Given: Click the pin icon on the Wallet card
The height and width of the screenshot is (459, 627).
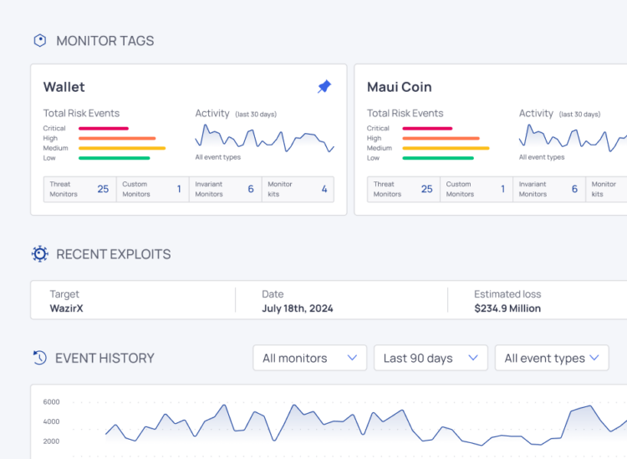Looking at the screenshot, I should (324, 87).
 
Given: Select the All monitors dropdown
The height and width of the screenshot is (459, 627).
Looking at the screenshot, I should (309, 358).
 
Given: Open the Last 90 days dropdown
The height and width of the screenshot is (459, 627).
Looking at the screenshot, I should (431, 358).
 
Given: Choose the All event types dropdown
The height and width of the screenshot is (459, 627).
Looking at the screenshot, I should (552, 358).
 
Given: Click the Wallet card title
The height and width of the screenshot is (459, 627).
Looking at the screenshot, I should (64, 87).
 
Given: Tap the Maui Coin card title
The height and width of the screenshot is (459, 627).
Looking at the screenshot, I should (399, 87).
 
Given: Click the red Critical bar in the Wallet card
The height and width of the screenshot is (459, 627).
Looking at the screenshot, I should (104, 129).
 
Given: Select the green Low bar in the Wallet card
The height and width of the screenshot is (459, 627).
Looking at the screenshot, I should (114, 157).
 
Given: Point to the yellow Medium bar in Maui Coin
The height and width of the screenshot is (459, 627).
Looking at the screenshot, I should (446, 148).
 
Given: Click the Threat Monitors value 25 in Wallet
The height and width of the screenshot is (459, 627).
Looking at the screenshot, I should (103, 189).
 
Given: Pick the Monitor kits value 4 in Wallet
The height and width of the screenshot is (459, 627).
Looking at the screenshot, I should (324, 189).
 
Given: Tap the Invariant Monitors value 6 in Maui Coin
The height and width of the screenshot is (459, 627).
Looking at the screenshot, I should (574, 189).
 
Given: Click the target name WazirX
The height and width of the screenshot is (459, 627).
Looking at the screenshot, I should (67, 309).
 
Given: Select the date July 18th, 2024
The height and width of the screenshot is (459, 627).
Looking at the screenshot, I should (297, 309).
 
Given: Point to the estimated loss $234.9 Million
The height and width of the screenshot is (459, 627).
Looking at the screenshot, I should (507, 309).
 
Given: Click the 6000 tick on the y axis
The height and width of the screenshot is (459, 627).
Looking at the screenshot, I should (51, 401).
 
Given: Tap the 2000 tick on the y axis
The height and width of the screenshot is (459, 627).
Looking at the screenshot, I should (51, 441).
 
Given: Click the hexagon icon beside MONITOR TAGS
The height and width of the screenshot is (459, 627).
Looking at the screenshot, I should (39, 40).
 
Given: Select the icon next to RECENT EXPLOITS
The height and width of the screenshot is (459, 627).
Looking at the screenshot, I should (39, 254).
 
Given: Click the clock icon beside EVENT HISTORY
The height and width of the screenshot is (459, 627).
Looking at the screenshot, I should (39, 358).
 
